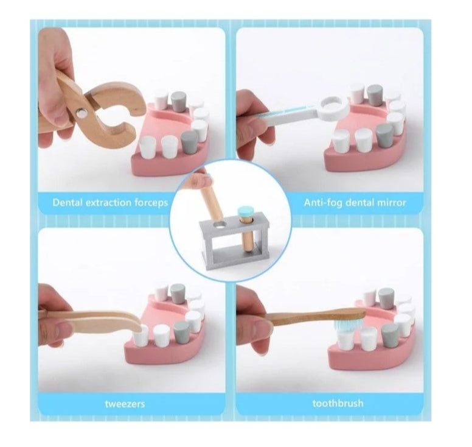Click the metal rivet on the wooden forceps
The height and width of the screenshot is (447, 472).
pyautogui.click(x=82, y=113)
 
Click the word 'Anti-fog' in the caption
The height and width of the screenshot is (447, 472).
pyautogui.click(x=324, y=202)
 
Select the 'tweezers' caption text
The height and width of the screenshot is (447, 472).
pyautogui.click(x=125, y=404)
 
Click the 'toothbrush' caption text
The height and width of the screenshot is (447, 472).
pyautogui.click(x=338, y=403)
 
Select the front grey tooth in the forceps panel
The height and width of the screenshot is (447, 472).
pyautogui.click(x=189, y=141)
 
